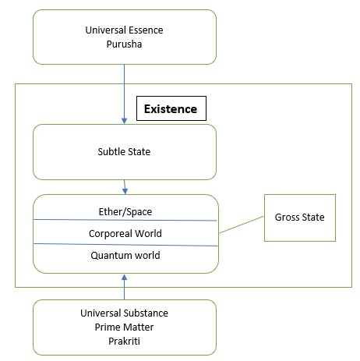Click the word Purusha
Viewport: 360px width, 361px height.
[124, 44]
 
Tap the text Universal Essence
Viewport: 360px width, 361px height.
[124, 30]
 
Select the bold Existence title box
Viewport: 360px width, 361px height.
[171, 108]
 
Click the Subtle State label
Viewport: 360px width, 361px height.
[124, 152]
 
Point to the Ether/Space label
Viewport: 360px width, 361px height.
[125, 212]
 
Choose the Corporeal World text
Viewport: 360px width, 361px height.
[125, 234]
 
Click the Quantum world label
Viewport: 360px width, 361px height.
[125, 256]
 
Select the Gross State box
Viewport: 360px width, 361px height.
[300, 218]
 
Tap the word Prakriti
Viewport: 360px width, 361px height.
[124, 341]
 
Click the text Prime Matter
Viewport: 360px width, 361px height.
[124, 327]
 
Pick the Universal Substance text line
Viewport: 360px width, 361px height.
[124, 313]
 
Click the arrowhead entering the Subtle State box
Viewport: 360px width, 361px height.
[124, 121]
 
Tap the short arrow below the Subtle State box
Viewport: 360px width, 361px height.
[125, 187]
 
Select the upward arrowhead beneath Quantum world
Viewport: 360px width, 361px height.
[125, 278]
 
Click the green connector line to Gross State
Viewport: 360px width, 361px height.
[242, 225]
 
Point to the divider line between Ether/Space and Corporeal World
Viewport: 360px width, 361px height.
[125, 220]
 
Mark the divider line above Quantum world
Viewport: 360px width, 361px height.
[125, 245]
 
